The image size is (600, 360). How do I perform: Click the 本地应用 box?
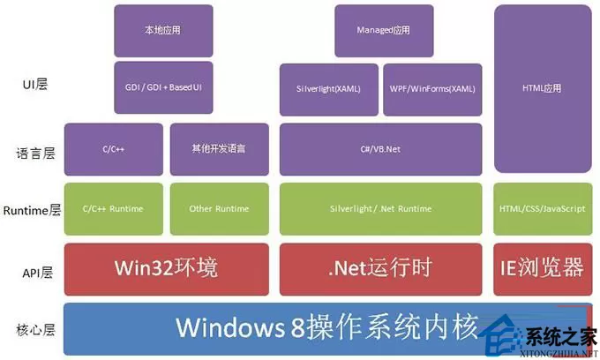[x=163, y=31]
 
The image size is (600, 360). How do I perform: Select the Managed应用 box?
[x=384, y=31]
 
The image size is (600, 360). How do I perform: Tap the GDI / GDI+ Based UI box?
[x=163, y=87]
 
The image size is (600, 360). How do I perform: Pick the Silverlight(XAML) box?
[x=329, y=89]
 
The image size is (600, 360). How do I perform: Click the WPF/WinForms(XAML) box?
[x=432, y=89]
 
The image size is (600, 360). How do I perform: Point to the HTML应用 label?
[x=542, y=88]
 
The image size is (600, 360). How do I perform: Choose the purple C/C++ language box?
[x=114, y=149]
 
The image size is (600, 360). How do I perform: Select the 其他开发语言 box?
[x=219, y=149]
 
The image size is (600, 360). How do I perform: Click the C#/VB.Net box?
[x=381, y=149]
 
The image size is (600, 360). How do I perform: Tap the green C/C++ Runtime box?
[x=114, y=209]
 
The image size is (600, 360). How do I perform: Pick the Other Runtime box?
[x=219, y=209]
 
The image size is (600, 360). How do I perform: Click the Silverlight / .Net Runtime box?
[x=381, y=209]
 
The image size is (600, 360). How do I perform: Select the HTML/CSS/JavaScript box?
[x=543, y=209]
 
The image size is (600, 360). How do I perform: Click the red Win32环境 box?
[x=167, y=269]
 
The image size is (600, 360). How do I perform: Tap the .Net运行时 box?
[x=381, y=269]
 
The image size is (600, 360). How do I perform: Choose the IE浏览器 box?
[x=543, y=269]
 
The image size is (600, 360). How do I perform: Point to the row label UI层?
[x=35, y=84]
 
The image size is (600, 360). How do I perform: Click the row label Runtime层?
[x=32, y=210]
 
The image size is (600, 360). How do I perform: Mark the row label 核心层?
[x=35, y=329]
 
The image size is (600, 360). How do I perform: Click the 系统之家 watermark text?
[x=560, y=337]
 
